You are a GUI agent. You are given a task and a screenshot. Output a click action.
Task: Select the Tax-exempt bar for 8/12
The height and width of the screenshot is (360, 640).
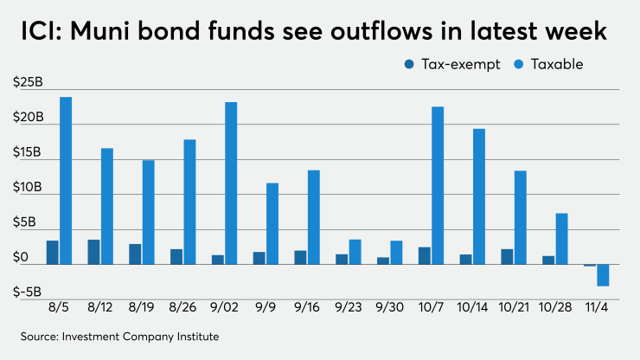[93, 252]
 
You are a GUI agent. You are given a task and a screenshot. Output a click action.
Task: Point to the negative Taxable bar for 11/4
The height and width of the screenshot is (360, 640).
[603, 275]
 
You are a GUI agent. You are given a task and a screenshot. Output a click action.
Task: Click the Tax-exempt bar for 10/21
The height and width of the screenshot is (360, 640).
[507, 256]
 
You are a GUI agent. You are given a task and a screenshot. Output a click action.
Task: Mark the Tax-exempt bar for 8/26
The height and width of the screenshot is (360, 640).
[176, 256]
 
